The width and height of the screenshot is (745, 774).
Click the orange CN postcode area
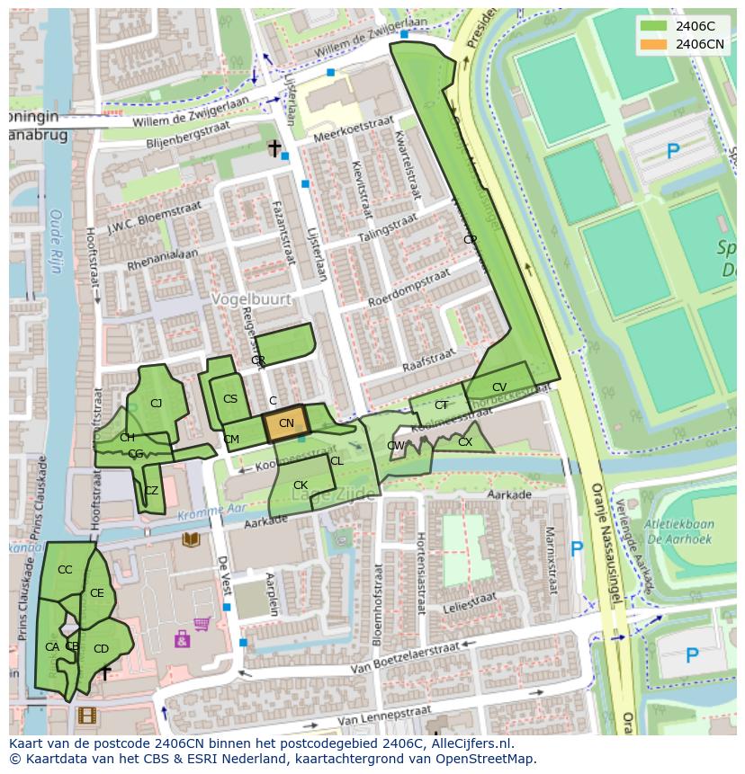click(286, 423)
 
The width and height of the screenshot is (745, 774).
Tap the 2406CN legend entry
click(699, 44)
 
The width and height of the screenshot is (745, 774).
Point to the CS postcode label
click(230, 399)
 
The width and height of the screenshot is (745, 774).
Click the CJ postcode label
click(156, 404)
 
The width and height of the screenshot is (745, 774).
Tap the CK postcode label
click(301, 485)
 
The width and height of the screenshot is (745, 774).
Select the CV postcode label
click(499, 387)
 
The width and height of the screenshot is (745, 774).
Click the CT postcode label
click(441, 405)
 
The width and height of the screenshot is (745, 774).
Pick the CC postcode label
click(65, 570)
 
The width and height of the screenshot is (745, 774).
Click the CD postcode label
click(101, 649)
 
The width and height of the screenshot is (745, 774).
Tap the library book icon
click(191, 539)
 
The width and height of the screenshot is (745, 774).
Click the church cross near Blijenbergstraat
click(274, 147)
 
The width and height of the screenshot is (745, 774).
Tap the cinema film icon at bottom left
click(86, 716)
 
